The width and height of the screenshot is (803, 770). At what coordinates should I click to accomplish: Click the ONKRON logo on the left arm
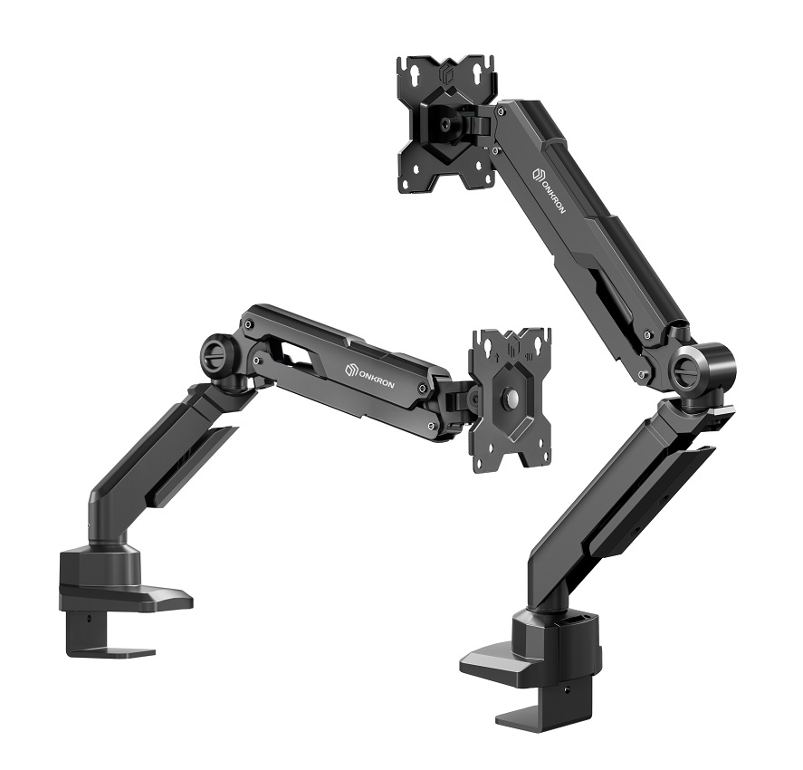point(369,376)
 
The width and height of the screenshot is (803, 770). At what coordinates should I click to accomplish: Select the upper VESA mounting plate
point(446,126)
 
